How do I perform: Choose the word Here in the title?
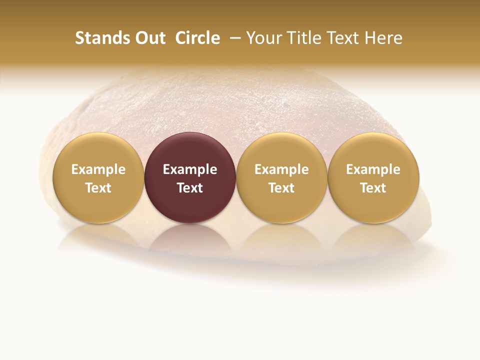383,38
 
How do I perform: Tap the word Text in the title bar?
342,38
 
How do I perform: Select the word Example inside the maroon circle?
190,169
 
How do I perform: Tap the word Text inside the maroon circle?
190,188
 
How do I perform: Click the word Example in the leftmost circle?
98,169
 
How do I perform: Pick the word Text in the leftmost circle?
98,188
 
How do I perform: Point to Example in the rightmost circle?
373,169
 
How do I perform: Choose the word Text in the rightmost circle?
373,188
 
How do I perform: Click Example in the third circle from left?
281,169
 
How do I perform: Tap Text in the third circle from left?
281,188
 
